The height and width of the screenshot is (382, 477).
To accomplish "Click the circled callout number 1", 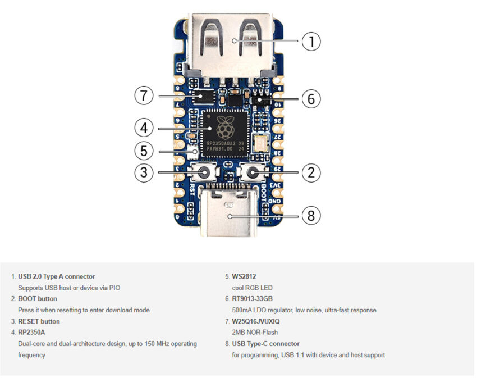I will tap(311, 41).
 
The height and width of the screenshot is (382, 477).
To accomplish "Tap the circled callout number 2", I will tap(311, 172).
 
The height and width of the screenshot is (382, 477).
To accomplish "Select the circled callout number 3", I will tap(144, 172).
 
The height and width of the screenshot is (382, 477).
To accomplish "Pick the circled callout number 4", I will tap(144, 128).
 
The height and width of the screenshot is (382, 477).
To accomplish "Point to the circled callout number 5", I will tap(144, 151).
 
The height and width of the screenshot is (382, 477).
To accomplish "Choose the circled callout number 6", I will tap(311, 99).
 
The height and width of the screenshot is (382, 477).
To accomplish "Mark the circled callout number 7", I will tap(144, 96).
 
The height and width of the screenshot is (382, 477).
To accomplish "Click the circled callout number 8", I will tap(311, 215).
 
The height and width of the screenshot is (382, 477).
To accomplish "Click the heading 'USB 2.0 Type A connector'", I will tap(56, 276).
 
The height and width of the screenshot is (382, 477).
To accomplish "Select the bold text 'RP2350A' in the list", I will tap(32, 332).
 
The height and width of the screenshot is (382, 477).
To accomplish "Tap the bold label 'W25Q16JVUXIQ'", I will tap(256, 321).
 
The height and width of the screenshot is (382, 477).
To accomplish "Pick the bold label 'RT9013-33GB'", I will tap(252, 299).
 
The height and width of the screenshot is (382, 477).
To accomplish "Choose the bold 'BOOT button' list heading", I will tap(37, 299).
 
